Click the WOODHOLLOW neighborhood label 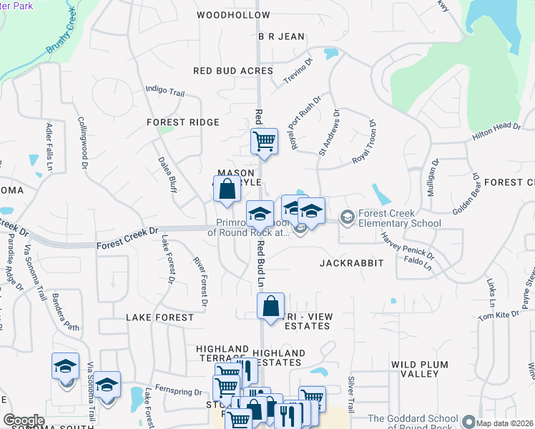(233, 14)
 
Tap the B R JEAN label (281, 36)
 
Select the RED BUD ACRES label (233, 71)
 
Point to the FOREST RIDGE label (183, 122)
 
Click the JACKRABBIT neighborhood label (352, 263)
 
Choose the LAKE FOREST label (159, 317)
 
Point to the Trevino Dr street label (298, 72)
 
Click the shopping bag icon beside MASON (227, 189)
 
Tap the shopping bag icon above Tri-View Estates (271, 305)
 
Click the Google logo (24, 420)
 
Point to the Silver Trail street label (350, 394)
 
